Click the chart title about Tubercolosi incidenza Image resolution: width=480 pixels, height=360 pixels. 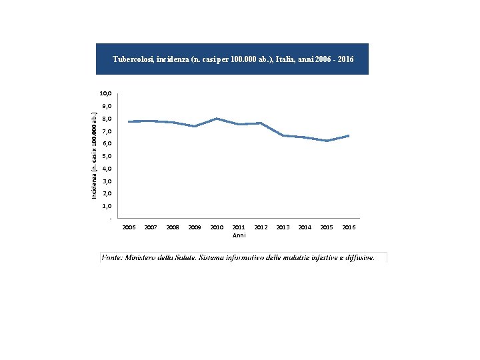click(x=233, y=59)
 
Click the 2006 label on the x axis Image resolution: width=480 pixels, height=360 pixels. click(x=129, y=227)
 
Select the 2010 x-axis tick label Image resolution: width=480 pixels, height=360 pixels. click(x=217, y=227)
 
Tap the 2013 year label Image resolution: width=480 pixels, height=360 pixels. click(x=283, y=227)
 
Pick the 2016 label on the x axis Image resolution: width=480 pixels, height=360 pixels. click(x=349, y=227)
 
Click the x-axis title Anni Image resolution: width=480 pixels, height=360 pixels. click(x=239, y=235)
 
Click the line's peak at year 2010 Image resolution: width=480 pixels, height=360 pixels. click(x=217, y=119)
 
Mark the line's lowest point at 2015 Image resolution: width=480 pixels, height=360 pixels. click(x=327, y=141)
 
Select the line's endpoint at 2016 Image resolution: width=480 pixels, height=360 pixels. click(x=349, y=135)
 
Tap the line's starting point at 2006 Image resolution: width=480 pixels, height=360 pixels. click(x=129, y=121)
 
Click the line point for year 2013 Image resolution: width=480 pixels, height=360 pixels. click(x=283, y=135)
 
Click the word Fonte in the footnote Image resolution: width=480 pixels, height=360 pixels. click(x=112, y=257)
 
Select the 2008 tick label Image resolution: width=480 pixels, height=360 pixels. click(x=173, y=227)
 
